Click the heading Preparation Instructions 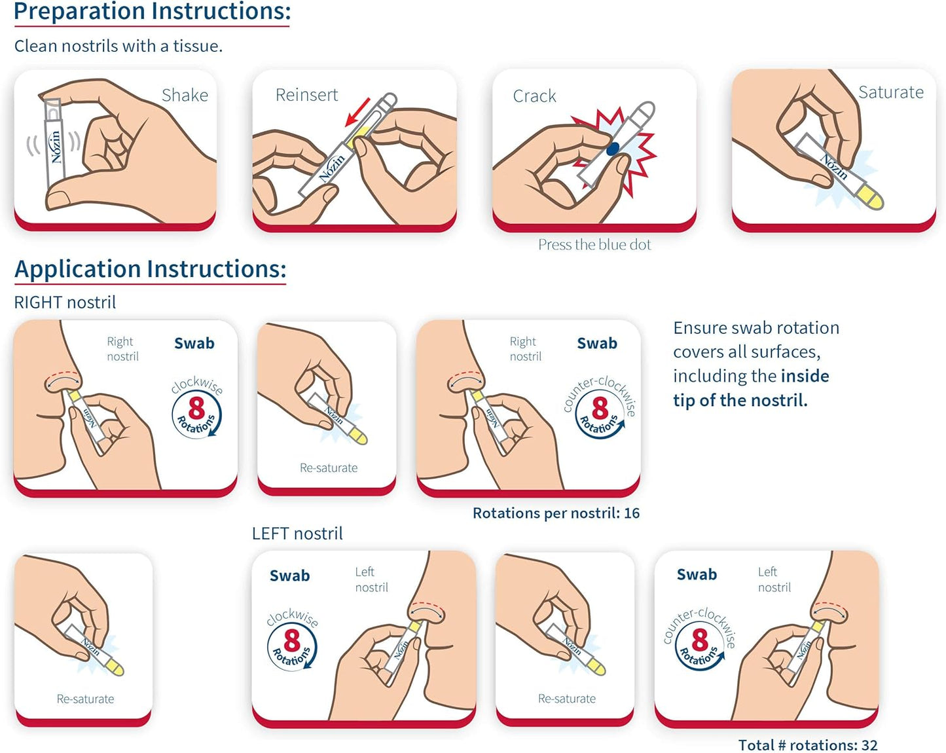click(152, 12)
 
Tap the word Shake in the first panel click(185, 96)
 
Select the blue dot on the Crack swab click(613, 149)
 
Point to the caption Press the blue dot click(594, 245)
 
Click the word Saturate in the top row click(890, 92)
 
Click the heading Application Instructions click(150, 269)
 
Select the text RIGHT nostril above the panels click(65, 303)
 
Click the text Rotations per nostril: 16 click(556, 513)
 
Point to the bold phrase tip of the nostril click(740, 400)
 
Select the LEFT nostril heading click(297, 534)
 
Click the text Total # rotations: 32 click(807, 745)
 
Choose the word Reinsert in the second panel click(306, 95)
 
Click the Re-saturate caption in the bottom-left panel click(85, 699)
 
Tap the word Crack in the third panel click(534, 96)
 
